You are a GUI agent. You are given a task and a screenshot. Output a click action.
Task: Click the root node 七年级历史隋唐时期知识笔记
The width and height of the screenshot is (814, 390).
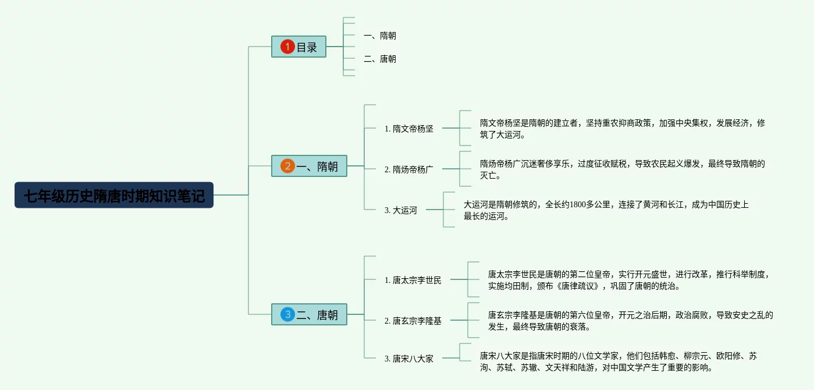114,196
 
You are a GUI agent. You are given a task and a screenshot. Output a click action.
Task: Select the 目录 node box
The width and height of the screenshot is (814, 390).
298,47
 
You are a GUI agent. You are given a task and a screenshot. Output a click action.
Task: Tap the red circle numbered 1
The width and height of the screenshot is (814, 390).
287,47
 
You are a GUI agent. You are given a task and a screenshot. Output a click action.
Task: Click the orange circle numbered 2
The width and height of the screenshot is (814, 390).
287,166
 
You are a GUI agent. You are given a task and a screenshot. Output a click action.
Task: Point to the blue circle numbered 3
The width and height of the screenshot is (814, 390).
287,315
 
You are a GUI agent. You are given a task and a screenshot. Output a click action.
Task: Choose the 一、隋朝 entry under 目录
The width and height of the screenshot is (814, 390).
379,36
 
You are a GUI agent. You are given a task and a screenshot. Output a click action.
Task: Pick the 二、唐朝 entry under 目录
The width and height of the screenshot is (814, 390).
379,59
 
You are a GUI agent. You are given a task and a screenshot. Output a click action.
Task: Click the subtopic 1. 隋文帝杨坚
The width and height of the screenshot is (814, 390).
409,129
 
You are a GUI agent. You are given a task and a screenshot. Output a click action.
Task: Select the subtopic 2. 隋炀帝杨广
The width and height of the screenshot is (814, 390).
409,169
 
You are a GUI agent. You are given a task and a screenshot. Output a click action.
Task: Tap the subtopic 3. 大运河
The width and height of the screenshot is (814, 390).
401,210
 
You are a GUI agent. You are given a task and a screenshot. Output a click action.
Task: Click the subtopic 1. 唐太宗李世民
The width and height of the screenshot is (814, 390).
413,280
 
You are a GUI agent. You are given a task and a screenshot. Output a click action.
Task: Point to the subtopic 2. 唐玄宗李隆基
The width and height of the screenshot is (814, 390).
413,321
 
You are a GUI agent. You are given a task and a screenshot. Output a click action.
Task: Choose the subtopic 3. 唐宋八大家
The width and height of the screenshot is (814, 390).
409,359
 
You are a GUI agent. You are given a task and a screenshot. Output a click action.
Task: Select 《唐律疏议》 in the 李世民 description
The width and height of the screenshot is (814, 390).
579,286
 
